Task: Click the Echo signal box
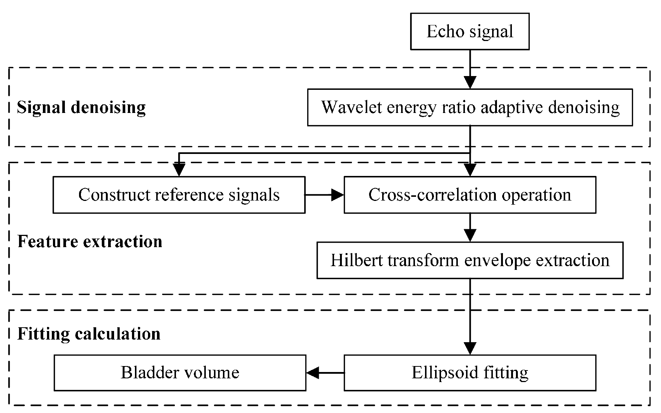[469, 32]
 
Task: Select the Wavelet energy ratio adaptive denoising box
[470, 107]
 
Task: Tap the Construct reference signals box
[179, 195]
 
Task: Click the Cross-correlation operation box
[470, 195]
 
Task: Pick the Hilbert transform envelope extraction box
[470, 260]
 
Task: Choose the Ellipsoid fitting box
[470, 373]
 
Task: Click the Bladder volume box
[180, 373]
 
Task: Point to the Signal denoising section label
[81, 107]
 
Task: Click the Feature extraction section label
[90, 242]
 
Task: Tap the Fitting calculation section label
[89, 334]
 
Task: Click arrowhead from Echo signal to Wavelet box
[470, 82]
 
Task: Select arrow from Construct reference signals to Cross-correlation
[324, 195]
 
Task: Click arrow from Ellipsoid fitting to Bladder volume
[324, 373]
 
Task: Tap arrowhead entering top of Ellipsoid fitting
[470, 348]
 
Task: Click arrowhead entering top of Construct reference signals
[179, 170]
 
